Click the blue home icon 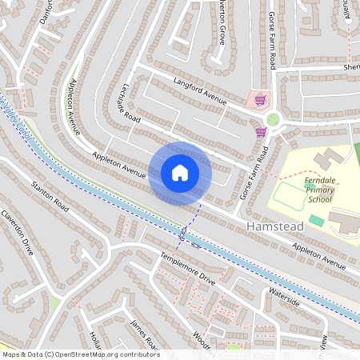click(x=179, y=172)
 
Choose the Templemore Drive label click(x=188, y=267)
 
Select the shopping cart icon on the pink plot click(x=260, y=100)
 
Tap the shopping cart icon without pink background click(x=260, y=132)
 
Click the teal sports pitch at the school click(x=317, y=220)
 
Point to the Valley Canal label click(x=18, y=118)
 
